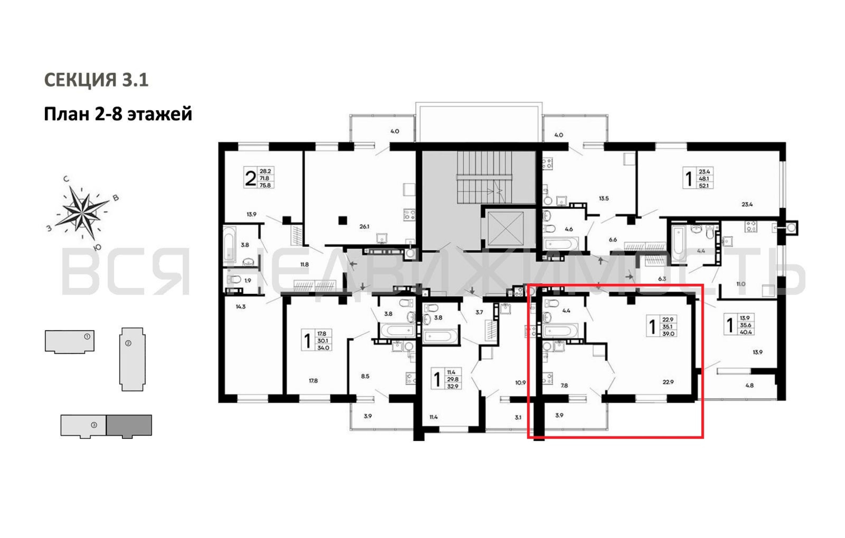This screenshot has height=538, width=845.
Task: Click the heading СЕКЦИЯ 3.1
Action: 96,80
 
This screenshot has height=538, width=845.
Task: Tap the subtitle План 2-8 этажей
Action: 118,114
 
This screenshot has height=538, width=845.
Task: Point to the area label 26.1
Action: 364,226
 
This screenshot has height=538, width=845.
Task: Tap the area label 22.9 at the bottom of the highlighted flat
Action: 668,382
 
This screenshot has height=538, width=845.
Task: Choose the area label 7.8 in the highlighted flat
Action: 564,385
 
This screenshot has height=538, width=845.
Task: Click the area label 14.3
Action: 241,306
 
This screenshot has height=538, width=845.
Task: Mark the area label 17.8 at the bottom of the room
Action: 313,380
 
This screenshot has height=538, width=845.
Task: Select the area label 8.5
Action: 365,376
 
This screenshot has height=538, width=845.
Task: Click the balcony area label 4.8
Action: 750,385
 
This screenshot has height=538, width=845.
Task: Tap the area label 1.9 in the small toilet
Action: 248,280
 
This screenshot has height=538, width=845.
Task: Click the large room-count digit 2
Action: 250,178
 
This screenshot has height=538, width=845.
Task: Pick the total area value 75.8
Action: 265,185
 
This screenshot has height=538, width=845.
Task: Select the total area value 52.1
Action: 704,185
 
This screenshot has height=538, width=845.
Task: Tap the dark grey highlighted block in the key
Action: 129,426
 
